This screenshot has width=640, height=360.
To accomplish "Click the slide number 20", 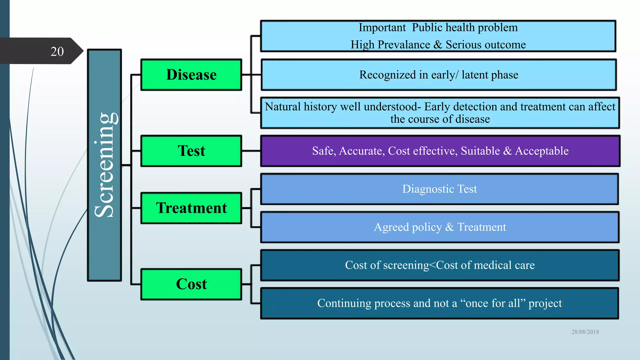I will [x=57, y=52].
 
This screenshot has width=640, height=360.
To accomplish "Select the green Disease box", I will [x=191, y=75].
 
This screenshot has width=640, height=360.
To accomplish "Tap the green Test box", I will [x=191, y=151].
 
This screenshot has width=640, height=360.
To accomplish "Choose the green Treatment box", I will [x=191, y=208].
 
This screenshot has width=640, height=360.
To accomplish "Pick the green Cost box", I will [x=191, y=284].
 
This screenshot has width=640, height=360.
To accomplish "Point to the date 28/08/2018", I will [x=585, y=332].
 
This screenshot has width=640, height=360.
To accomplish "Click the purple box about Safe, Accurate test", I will [x=440, y=151].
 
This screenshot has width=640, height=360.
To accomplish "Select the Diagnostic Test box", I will [x=439, y=189].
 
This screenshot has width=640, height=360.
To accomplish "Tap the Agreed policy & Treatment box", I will [x=440, y=227].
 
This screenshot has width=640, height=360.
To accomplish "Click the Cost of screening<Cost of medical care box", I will [x=440, y=265].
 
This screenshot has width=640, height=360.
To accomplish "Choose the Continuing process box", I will [x=439, y=303].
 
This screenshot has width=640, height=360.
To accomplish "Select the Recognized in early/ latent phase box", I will [x=438, y=75].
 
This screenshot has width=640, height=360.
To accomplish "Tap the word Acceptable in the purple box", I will [x=542, y=151].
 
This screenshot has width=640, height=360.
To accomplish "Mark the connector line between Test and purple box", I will [x=251, y=151].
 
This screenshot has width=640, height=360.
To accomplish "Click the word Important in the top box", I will [x=382, y=27].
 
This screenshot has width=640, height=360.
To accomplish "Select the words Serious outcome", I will [x=486, y=45].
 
